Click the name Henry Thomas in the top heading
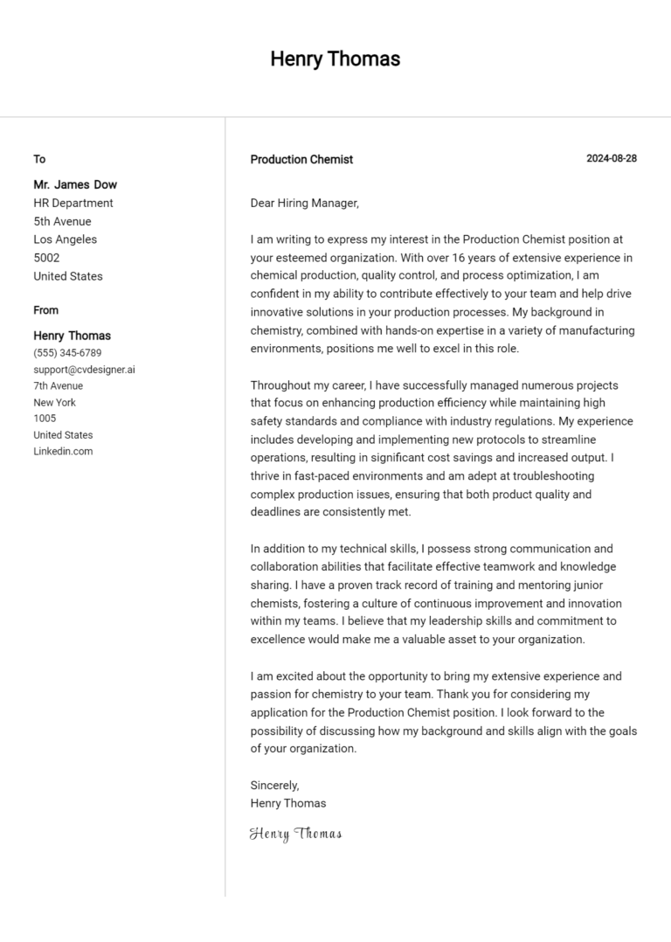(335, 59)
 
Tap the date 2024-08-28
(611, 158)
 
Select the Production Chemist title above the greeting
(301, 159)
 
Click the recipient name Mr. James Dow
(75, 184)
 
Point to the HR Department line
(73, 203)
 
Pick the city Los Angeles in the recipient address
(66, 239)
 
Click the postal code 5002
(46, 258)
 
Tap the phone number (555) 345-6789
(67, 353)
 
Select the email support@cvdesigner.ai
(84, 370)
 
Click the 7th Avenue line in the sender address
(59, 385)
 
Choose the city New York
(54, 402)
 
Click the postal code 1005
(45, 419)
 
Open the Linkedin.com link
(63, 451)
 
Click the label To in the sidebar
(39, 159)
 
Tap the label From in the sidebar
(46, 310)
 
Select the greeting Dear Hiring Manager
(304, 203)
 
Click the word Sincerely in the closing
(274, 785)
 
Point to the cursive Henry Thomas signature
(295, 834)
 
